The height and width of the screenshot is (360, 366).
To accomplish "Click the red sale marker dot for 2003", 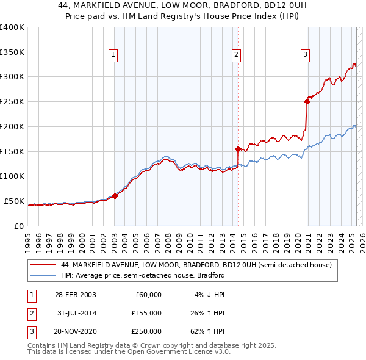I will [x=115, y=196].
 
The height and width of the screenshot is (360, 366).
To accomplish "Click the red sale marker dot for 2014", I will [x=237, y=148].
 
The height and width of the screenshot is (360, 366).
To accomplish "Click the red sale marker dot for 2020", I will [x=307, y=102].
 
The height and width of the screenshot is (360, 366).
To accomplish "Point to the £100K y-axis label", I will [x=12, y=176].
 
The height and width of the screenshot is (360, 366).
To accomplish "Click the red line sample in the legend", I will [x=43, y=265].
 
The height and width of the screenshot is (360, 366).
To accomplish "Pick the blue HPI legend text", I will [x=143, y=275].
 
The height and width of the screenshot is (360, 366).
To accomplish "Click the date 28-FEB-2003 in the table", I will [x=76, y=295].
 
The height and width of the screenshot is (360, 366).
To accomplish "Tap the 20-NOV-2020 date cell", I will [x=76, y=331].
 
